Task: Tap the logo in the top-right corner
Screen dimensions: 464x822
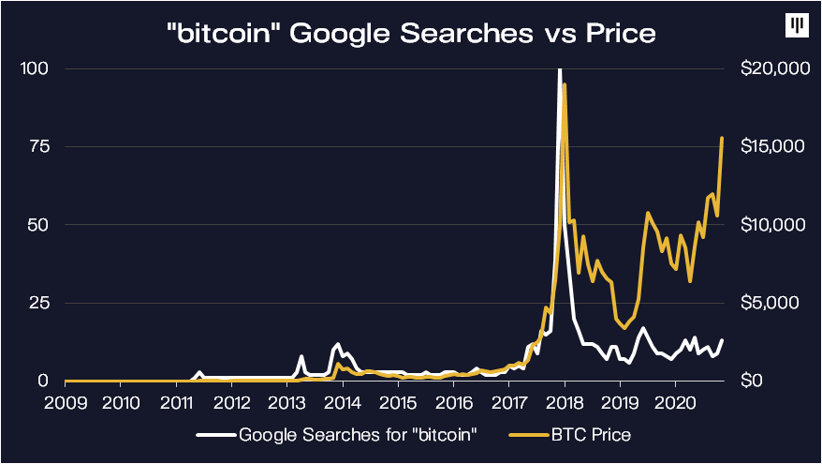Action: tap(796, 25)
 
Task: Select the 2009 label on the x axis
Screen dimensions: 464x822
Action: tap(66, 403)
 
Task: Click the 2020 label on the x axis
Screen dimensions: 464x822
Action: tap(675, 403)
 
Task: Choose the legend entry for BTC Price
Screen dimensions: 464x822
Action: tap(591, 435)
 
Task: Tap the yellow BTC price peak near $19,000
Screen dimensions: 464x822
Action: tap(565, 85)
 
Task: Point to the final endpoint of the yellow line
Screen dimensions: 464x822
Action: tap(722, 139)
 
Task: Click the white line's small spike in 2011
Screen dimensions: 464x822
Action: tap(199, 373)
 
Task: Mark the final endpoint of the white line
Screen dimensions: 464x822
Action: tap(722, 340)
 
